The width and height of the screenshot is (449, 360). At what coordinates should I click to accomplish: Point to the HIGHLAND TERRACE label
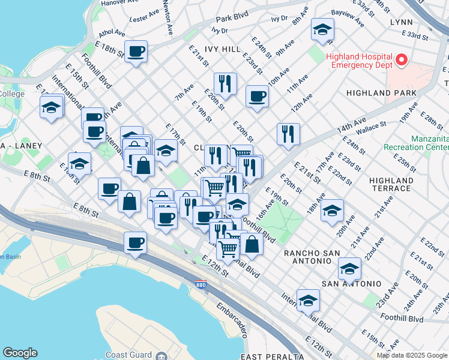coord(391,184)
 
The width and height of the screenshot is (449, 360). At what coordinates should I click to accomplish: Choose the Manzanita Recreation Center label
coord(429,142)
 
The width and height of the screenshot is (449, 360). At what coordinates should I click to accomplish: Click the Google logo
coord(20,353)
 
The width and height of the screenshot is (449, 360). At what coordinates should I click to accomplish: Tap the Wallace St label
coord(370,127)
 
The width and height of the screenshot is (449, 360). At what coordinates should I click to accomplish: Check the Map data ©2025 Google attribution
coord(412,355)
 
